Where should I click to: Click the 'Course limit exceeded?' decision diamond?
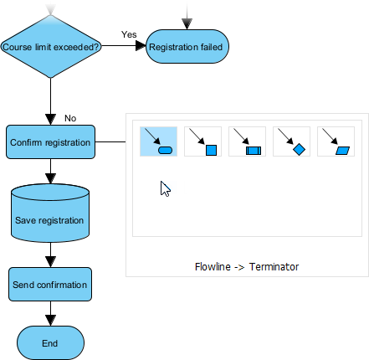pyautogui.click(x=52, y=48)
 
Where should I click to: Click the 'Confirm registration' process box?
pyautogui.click(x=50, y=142)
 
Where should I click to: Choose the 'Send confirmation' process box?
pyautogui.click(x=50, y=285)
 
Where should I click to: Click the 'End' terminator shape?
pyautogui.click(x=50, y=342)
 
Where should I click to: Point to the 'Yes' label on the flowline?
pyautogui.click(x=129, y=34)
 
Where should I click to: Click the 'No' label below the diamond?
pyautogui.click(x=70, y=118)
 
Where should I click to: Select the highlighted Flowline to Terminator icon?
pyautogui.click(x=158, y=141)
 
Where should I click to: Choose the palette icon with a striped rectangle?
pyautogui.click(x=248, y=141)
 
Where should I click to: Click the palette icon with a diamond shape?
pyautogui.click(x=292, y=141)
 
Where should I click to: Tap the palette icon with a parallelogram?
pyautogui.click(x=336, y=141)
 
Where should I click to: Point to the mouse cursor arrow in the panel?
pyautogui.click(x=165, y=188)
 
